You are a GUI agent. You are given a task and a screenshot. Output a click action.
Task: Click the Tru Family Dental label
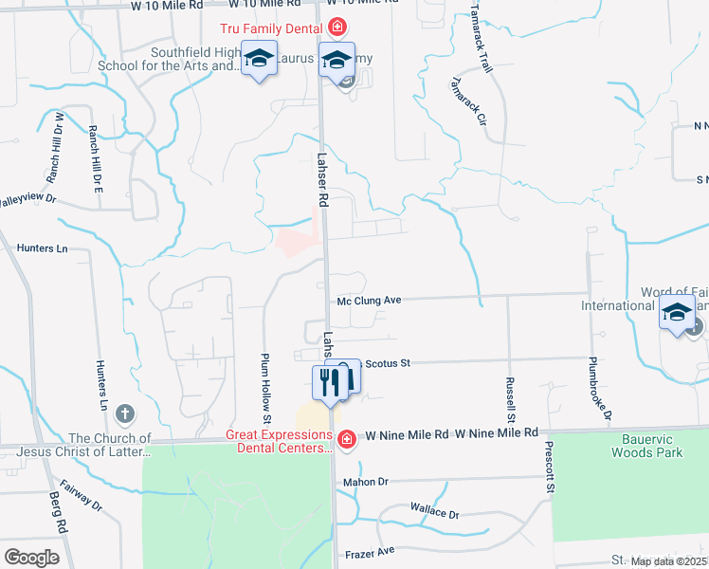point(274,30)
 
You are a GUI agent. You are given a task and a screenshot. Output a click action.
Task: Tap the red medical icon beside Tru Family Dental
point(338,28)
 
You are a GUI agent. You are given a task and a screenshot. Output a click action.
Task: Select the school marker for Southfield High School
point(259,59)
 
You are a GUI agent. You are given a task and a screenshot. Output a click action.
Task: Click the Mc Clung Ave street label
point(370,301)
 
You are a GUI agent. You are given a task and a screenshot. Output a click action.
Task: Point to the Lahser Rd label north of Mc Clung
point(321,182)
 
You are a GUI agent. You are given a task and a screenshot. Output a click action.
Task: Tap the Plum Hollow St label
point(266,384)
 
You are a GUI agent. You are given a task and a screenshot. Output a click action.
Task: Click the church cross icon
point(124,413)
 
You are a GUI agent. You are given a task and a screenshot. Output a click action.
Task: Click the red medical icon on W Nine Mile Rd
point(347,438)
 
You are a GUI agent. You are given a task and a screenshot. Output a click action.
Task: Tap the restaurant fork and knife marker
point(330,381)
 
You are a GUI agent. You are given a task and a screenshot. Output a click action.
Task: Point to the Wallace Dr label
point(434,513)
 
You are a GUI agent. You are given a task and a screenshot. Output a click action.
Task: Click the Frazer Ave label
point(372,551)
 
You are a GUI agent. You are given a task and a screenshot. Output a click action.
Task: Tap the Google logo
point(32,557)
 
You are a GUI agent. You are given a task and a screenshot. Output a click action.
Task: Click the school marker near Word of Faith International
point(678,312)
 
